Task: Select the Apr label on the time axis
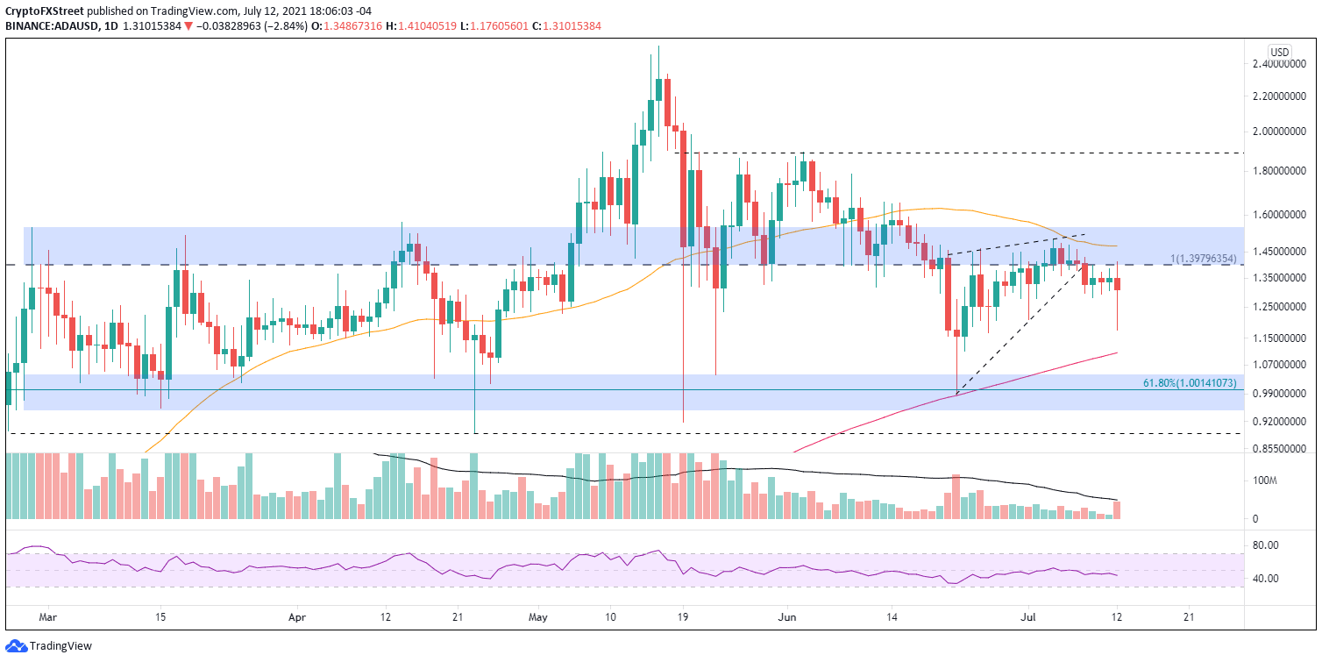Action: pyautogui.click(x=295, y=617)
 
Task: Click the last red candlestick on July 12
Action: pyautogui.click(x=1117, y=284)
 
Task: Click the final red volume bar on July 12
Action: pyautogui.click(x=1117, y=509)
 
